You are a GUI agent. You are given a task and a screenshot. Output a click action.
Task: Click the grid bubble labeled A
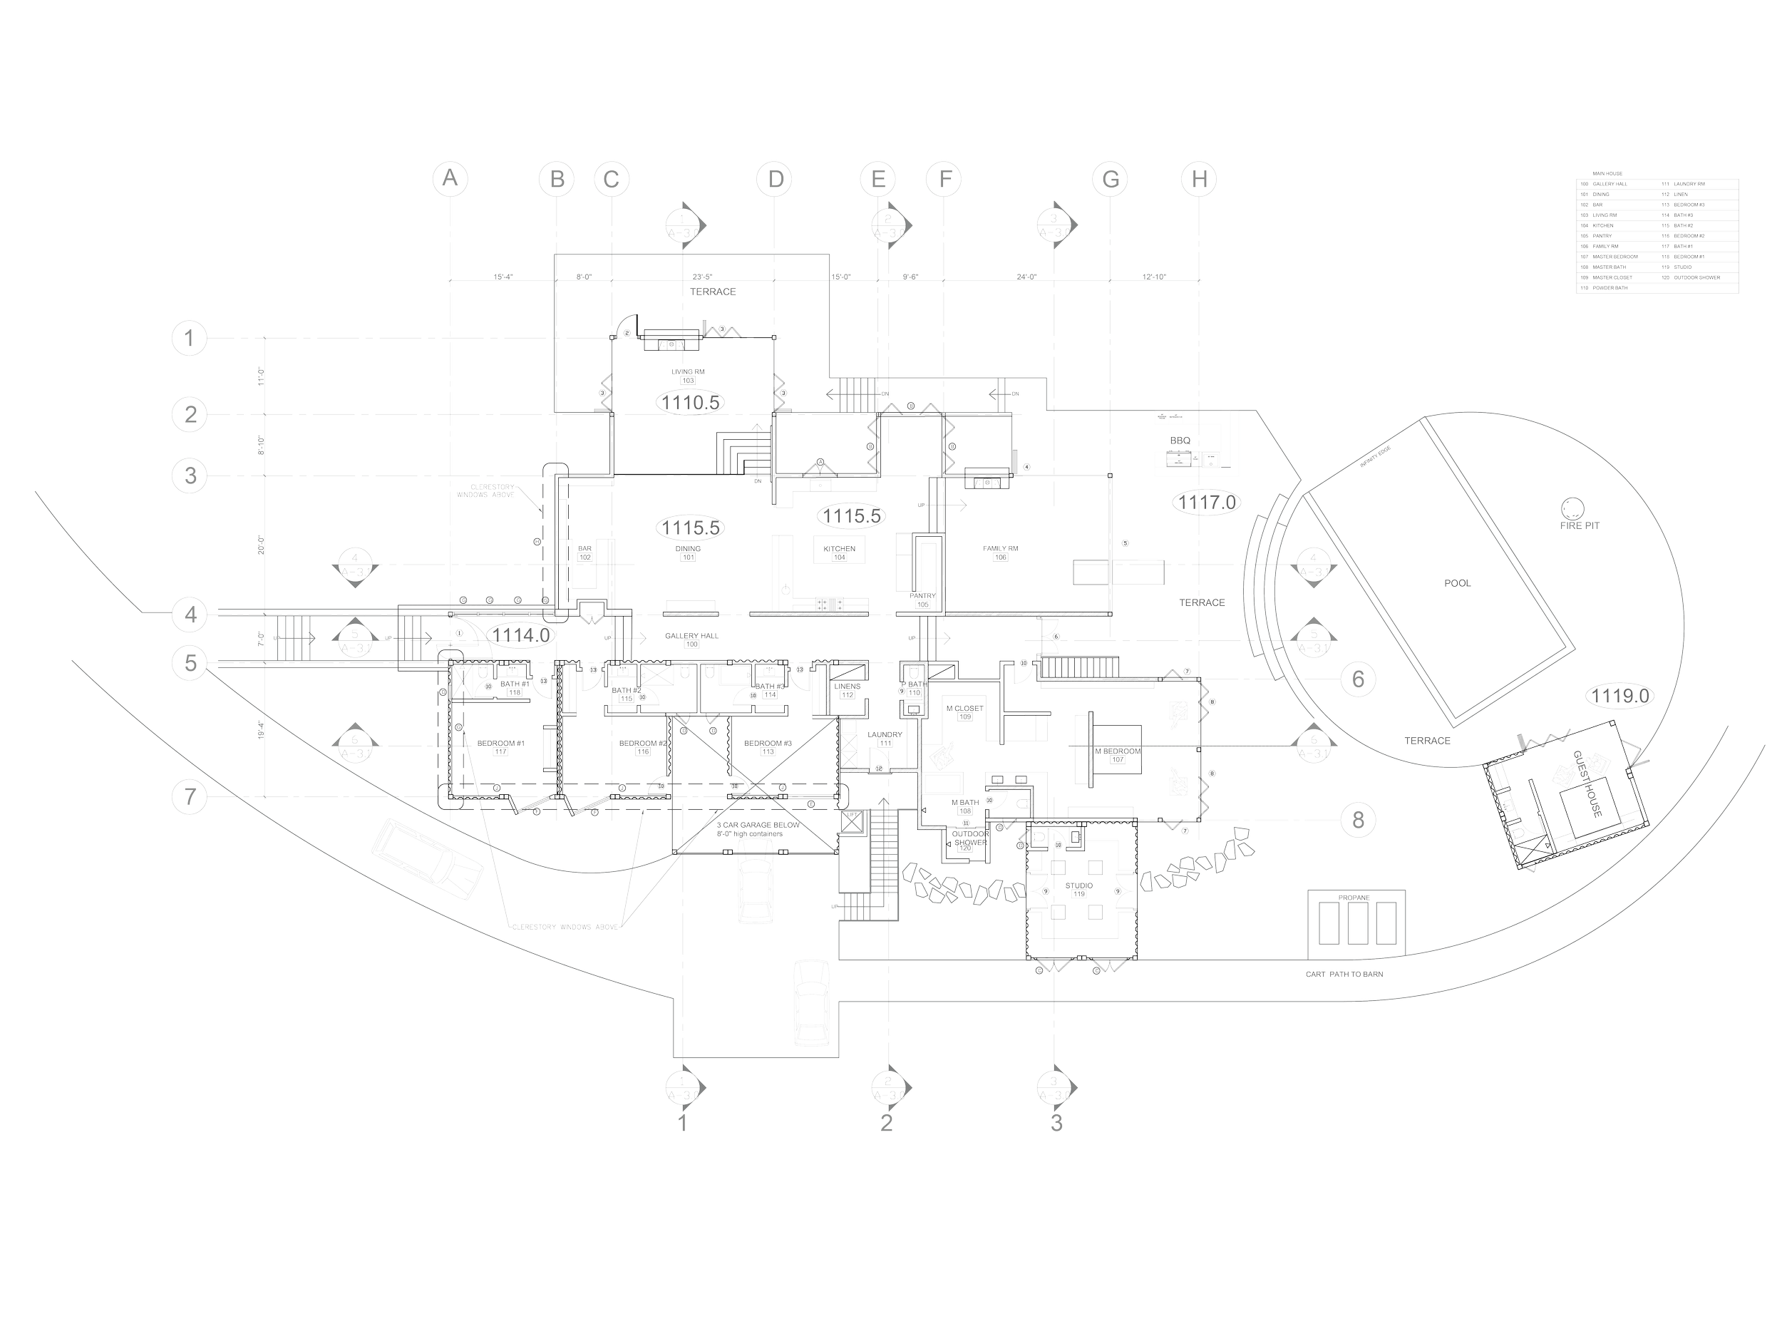pyautogui.click(x=451, y=179)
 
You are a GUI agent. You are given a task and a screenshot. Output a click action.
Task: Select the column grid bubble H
pyautogui.click(x=1200, y=179)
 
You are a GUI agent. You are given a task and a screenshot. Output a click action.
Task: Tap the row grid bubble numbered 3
pyautogui.click(x=190, y=476)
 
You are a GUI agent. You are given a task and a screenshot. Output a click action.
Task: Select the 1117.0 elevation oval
pyautogui.click(x=1207, y=503)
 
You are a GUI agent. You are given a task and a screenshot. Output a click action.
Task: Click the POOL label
pyautogui.click(x=1458, y=582)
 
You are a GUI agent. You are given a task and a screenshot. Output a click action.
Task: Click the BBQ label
pyautogui.click(x=1180, y=441)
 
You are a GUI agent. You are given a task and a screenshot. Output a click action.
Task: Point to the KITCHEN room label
pyautogui.click(x=839, y=549)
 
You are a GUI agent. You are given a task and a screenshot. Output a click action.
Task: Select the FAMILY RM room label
pyautogui.click(x=1001, y=549)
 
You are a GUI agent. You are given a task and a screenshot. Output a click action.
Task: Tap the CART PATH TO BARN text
pyautogui.click(x=1344, y=973)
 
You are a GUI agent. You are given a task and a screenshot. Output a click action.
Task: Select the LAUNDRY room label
pyautogui.click(x=885, y=735)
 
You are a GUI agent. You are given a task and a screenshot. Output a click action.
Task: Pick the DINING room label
pyautogui.click(x=689, y=549)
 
